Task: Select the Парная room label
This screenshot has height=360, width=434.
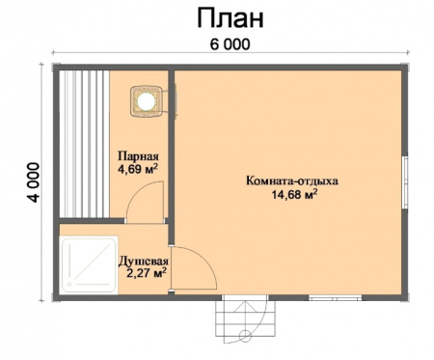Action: (x=137, y=155)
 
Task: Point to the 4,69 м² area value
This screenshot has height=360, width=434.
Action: (x=137, y=170)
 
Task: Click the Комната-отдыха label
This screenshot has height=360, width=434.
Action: (x=292, y=180)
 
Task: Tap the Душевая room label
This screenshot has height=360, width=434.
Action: (x=144, y=260)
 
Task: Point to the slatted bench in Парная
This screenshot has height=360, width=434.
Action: (x=85, y=145)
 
